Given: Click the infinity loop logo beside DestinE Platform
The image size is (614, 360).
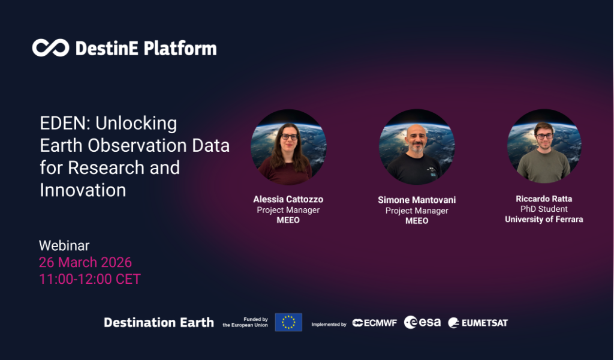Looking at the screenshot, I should (x=51, y=48).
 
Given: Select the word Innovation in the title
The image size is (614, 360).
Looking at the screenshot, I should (x=83, y=190).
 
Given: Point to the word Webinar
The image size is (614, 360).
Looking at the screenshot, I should (x=64, y=246).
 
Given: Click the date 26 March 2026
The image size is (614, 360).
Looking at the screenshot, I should (x=85, y=263).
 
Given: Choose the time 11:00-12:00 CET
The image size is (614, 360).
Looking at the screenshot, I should (x=90, y=279).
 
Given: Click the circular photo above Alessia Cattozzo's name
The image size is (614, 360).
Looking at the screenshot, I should (x=288, y=147).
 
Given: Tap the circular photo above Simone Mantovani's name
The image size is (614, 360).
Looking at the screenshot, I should (x=417, y=147).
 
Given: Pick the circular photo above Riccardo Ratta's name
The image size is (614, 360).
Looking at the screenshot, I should (x=544, y=147).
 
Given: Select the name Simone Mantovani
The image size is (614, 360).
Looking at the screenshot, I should (x=417, y=200).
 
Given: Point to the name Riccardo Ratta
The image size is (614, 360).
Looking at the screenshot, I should (x=544, y=199).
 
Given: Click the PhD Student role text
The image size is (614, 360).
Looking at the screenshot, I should (x=544, y=209).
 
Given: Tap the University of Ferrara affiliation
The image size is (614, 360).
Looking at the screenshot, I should (x=544, y=220).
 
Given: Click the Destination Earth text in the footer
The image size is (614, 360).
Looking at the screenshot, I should (x=159, y=323).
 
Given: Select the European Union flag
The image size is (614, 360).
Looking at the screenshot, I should (x=288, y=322).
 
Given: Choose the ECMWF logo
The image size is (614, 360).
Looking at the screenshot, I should (x=375, y=323).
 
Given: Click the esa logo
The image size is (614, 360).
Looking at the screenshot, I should (x=423, y=322).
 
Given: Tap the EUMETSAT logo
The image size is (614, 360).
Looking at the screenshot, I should (x=478, y=323).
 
